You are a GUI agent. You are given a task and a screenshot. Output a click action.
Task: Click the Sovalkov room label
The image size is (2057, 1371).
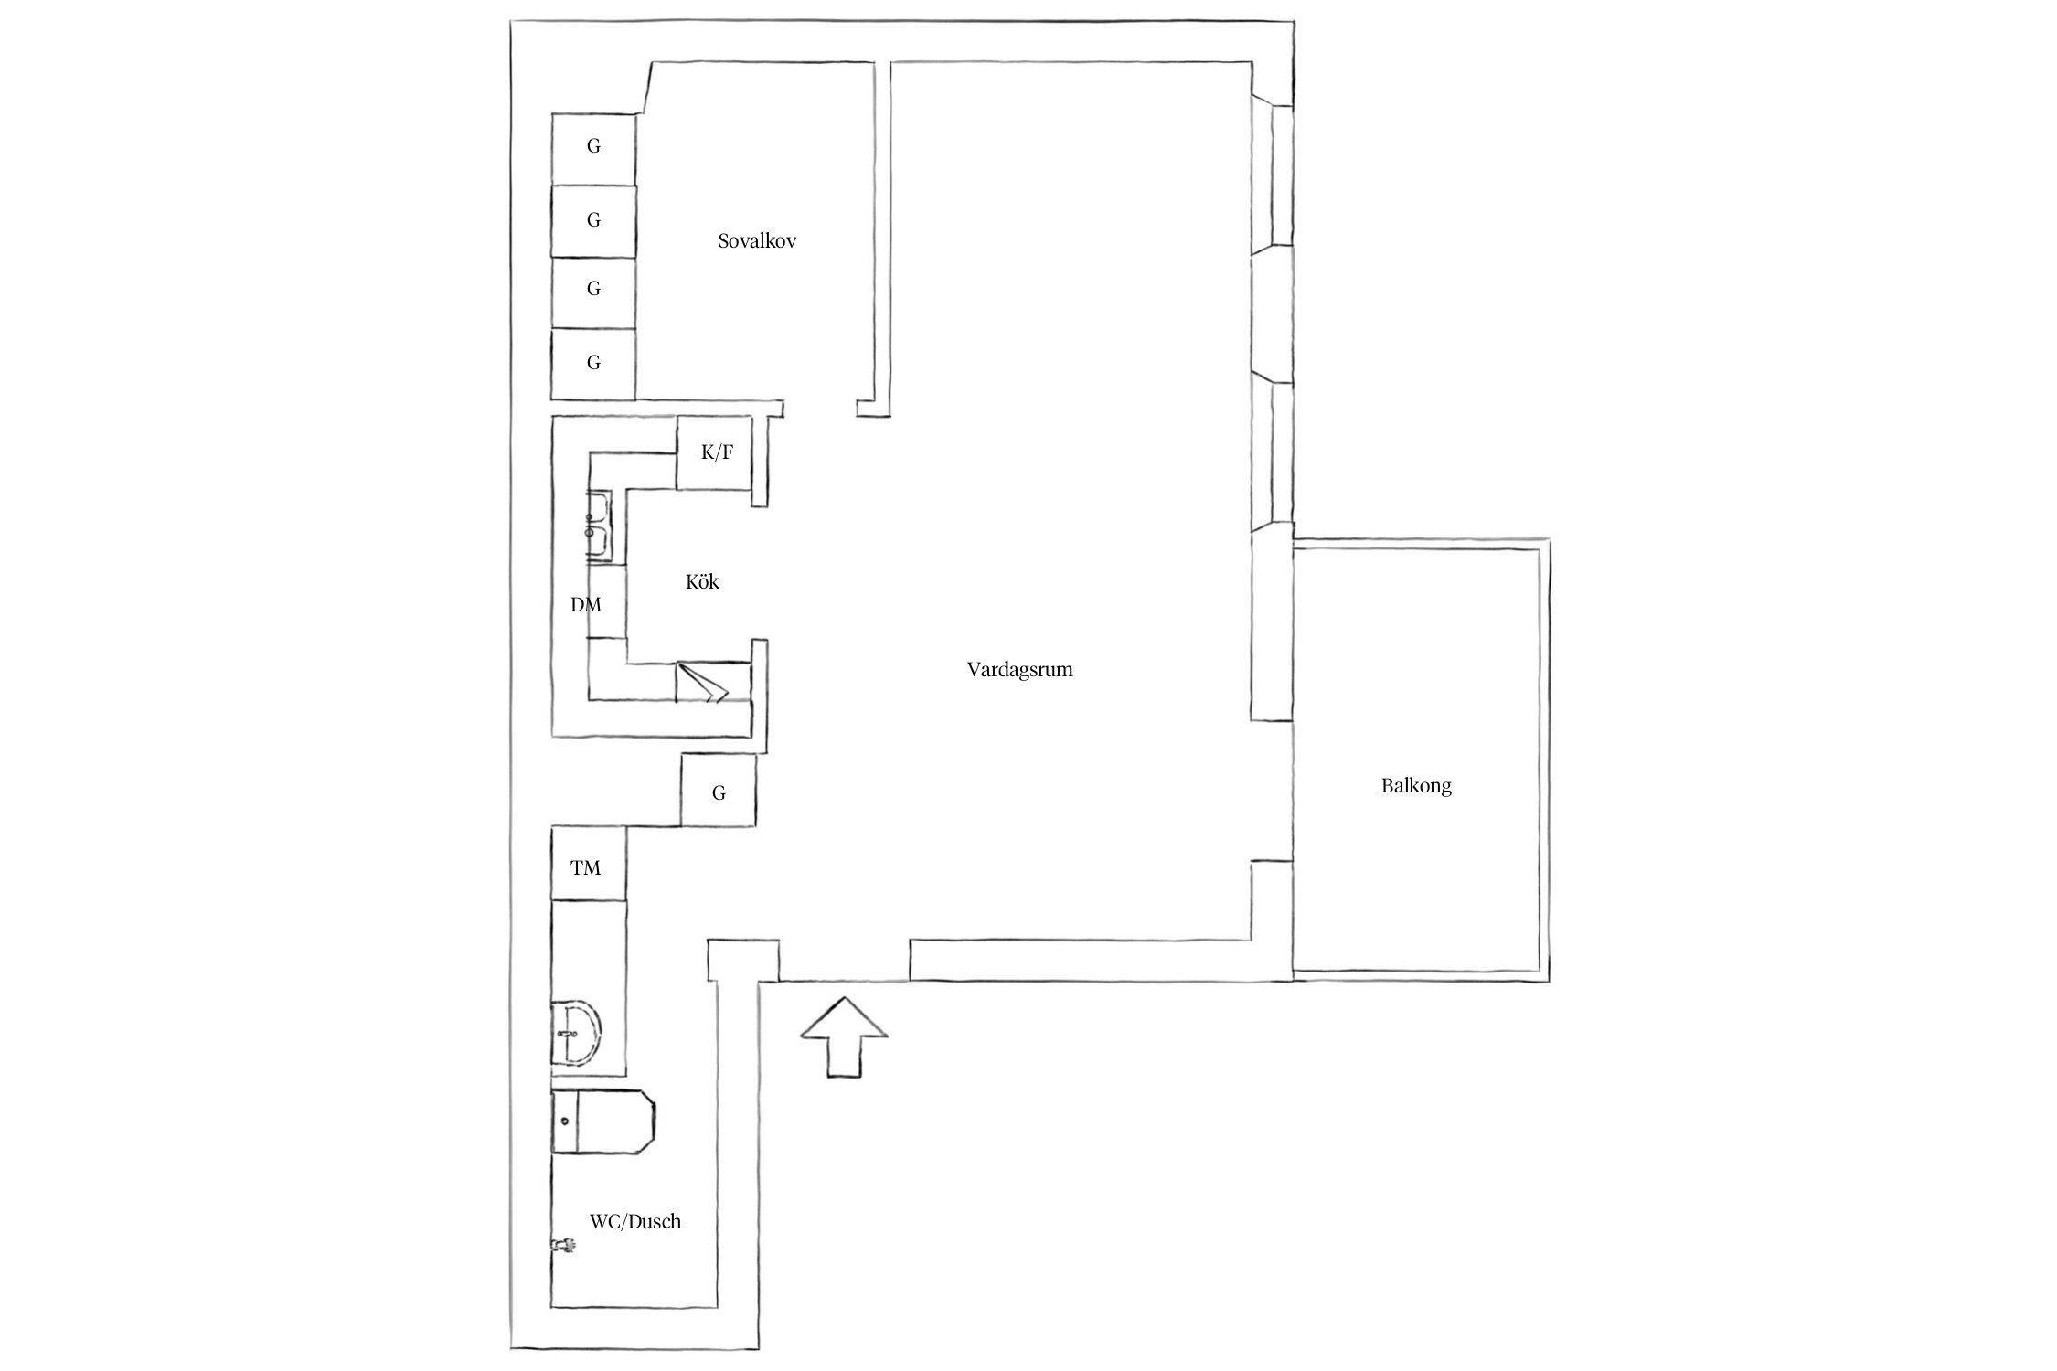point(757,241)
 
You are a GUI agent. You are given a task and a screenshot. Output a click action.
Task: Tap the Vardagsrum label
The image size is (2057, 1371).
point(1019,669)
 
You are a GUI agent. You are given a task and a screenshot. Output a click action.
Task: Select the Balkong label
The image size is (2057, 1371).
point(1416,785)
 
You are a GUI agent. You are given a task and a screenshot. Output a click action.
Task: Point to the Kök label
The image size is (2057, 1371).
point(702,581)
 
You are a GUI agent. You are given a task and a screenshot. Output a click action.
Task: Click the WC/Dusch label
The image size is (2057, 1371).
point(635,1221)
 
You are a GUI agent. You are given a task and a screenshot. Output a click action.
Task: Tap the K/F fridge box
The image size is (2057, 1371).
point(714,452)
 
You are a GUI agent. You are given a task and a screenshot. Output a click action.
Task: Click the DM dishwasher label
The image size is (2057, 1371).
point(586,604)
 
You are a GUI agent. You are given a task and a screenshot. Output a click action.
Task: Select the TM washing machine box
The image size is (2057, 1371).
point(588,862)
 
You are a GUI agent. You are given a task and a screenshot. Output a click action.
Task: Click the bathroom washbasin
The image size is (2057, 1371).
point(576,1032)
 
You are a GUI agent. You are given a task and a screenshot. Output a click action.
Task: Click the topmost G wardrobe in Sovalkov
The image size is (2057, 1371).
point(593,149)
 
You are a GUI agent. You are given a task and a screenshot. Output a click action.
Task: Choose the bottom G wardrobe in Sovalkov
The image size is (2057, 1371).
point(593,364)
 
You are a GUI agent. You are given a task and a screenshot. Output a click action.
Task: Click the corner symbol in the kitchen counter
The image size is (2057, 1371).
point(703,682)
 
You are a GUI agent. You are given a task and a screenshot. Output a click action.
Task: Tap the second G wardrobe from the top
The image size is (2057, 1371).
point(593,221)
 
